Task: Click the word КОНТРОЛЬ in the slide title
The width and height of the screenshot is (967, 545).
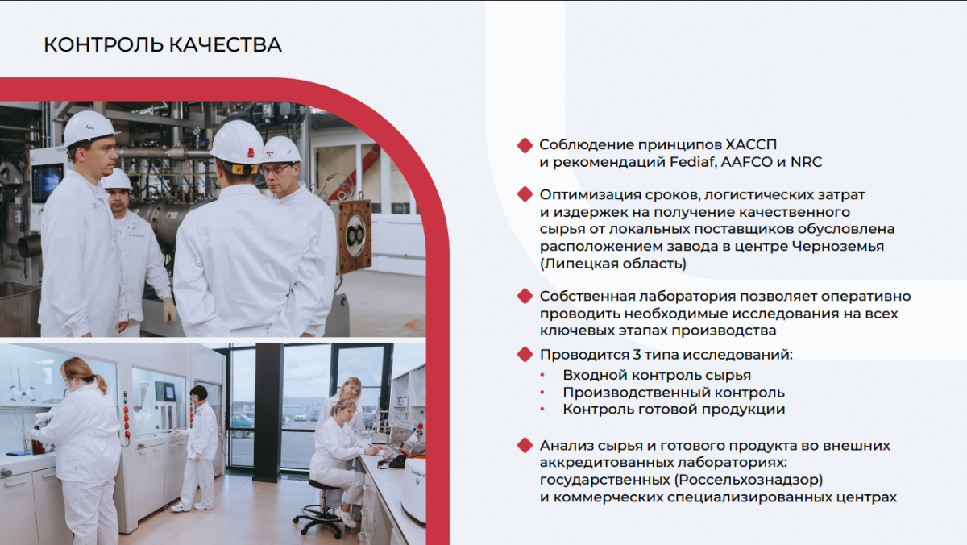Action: point(103,45)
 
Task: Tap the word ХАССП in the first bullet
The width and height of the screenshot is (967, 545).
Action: point(751,144)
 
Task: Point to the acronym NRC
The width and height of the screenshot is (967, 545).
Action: point(806,162)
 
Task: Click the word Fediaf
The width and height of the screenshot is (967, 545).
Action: point(693,162)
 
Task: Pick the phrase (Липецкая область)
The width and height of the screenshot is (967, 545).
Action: point(613,264)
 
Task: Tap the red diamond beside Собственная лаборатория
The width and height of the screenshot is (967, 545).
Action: point(525,296)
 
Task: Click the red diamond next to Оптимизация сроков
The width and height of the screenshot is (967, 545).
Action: point(525,194)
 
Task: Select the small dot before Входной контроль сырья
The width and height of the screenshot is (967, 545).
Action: point(542,375)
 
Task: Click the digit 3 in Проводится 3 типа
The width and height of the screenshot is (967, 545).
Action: point(637,355)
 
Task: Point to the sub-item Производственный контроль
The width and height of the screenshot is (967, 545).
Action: point(674,393)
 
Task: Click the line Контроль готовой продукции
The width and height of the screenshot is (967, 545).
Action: point(674,410)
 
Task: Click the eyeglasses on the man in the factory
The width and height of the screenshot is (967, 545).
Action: point(276,169)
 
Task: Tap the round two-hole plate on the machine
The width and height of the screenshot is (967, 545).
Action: point(355,235)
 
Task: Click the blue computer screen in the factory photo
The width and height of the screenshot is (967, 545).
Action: point(47,183)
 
